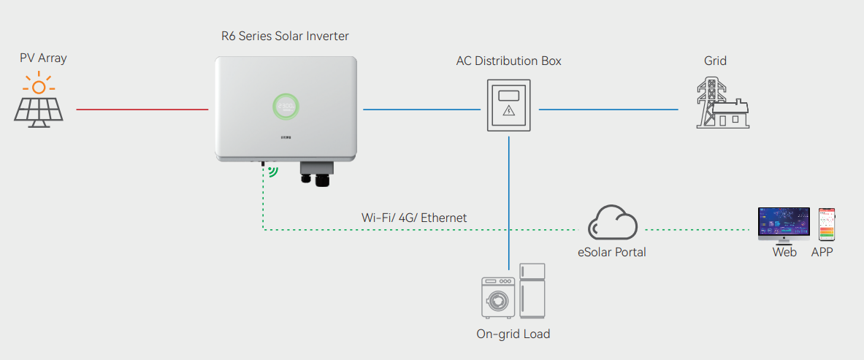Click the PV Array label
(x=43, y=58)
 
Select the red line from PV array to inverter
(x=142, y=110)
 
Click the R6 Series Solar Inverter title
(x=285, y=36)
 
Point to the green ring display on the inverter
(x=287, y=107)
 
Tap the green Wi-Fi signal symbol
(x=273, y=171)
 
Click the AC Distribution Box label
(x=508, y=61)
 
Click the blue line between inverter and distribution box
(x=421, y=110)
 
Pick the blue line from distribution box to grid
(x=608, y=110)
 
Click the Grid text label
(x=715, y=61)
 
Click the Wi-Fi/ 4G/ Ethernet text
(x=414, y=218)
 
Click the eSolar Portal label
(x=611, y=253)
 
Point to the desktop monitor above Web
(x=784, y=223)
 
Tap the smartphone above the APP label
(x=826, y=224)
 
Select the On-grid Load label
(x=513, y=334)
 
